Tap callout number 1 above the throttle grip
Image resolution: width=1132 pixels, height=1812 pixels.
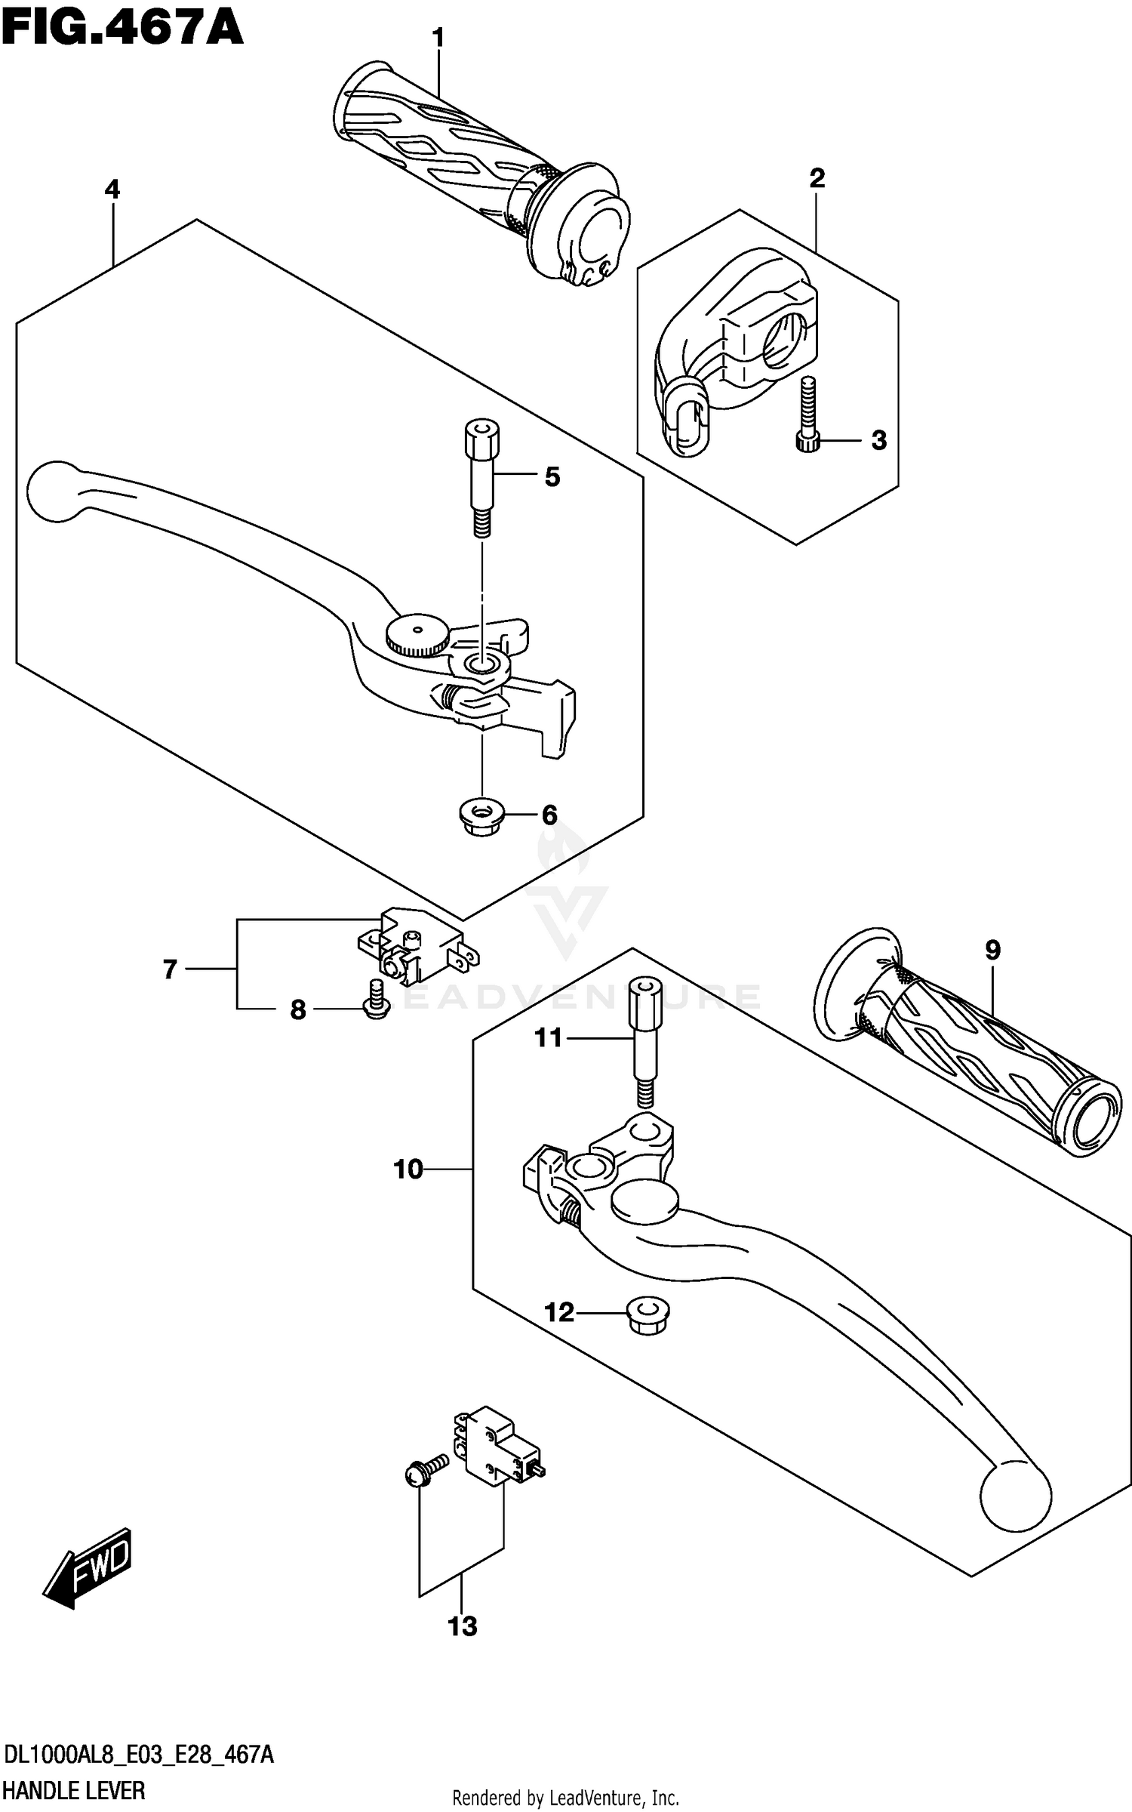click(438, 38)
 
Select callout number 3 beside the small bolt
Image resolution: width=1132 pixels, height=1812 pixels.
click(878, 440)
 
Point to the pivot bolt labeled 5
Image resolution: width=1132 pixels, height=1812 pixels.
click(481, 478)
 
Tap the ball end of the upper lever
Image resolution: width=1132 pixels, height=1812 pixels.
click(53, 491)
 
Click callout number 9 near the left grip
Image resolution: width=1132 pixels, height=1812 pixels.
click(992, 950)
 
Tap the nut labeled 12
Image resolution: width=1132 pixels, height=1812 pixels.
click(648, 1315)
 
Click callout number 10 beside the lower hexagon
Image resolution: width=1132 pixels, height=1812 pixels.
click(408, 1169)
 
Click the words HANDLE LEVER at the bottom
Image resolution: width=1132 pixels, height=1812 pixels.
click(74, 1790)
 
